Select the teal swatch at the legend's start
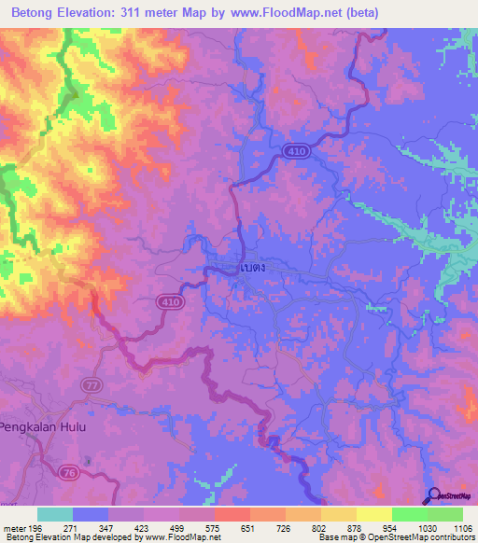click(55, 514)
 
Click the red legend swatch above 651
click(232, 514)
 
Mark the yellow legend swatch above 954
click(373, 514)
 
